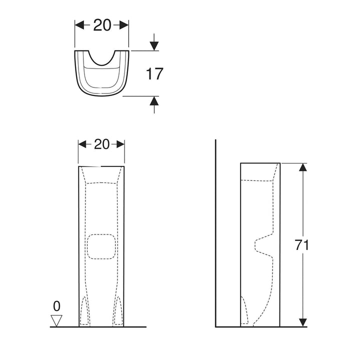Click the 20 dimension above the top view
102,25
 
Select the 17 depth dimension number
154,74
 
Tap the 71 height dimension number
302,245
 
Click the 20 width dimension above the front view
101,144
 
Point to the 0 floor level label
56,305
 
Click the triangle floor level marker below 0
57,320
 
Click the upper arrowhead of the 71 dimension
302,168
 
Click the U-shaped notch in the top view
102,58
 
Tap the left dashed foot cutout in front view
85,311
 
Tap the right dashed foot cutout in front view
118,311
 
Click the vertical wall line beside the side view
215,235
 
